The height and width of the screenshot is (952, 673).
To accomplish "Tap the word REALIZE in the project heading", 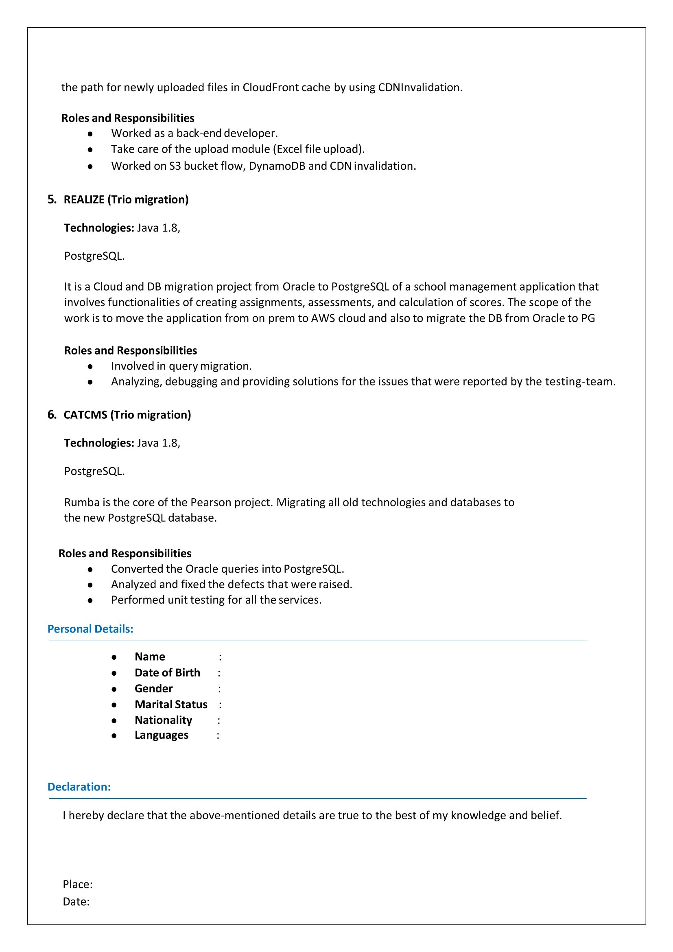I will (84, 199).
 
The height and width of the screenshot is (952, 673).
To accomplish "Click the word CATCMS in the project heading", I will (85, 415).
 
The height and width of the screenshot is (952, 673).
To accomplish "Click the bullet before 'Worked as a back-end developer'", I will (90, 134).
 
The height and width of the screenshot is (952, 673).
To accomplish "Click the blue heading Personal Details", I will (90, 629).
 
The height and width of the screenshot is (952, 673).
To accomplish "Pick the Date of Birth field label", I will (167, 672).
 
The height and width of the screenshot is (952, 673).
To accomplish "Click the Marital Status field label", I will (171, 705).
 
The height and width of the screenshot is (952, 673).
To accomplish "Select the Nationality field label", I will (163, 720).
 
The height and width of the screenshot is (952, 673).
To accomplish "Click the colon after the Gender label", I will (219, 689).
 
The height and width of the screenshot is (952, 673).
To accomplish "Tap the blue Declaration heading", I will (79, 787).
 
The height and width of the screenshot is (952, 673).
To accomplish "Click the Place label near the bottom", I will (77, 884).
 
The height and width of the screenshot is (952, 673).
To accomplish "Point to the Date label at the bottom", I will (76, 902).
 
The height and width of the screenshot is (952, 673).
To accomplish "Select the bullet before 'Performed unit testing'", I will (90, 600).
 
